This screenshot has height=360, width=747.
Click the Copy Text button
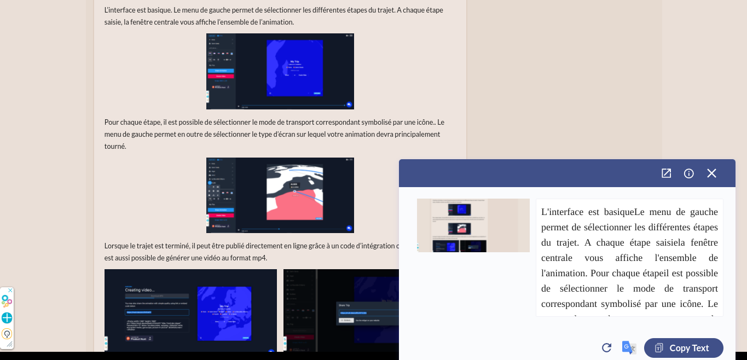point(684,348)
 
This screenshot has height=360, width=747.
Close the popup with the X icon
point(711,173)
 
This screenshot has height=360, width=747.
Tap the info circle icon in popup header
point(689,173)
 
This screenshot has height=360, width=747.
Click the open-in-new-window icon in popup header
point(666,173)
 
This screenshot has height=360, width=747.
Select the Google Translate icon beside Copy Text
point(629,348)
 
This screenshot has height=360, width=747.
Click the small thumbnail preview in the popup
point(473,225)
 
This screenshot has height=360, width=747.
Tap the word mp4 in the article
point(260,258)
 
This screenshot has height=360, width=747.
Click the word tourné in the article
point(115,147)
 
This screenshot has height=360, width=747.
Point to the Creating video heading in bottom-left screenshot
point(140,290)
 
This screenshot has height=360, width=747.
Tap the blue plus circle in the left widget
point(7,318)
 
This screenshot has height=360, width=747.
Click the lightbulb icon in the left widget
point(7,334)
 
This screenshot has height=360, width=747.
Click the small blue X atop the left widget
point(10,290)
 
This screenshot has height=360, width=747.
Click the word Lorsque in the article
point(117,246)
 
